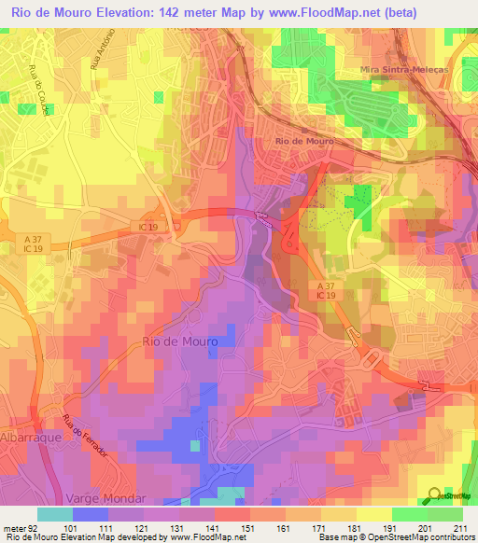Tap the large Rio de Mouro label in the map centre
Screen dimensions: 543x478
click(x=181, y=341)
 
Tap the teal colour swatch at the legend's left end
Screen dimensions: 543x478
click(x=55, y=514)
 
